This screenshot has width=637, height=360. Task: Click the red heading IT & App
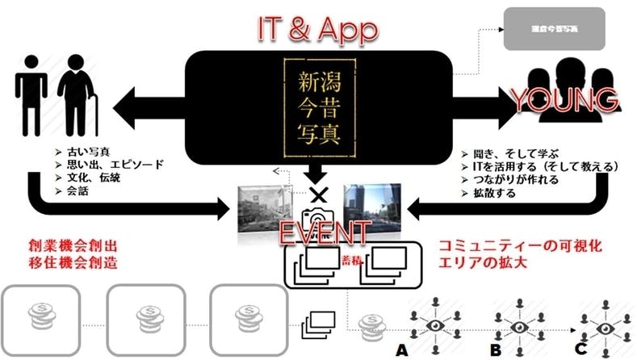click(x=317, y=29)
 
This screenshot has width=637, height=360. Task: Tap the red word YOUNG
click(x=565, y=100)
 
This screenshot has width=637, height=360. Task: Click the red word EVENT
click(x=322, y=232)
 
